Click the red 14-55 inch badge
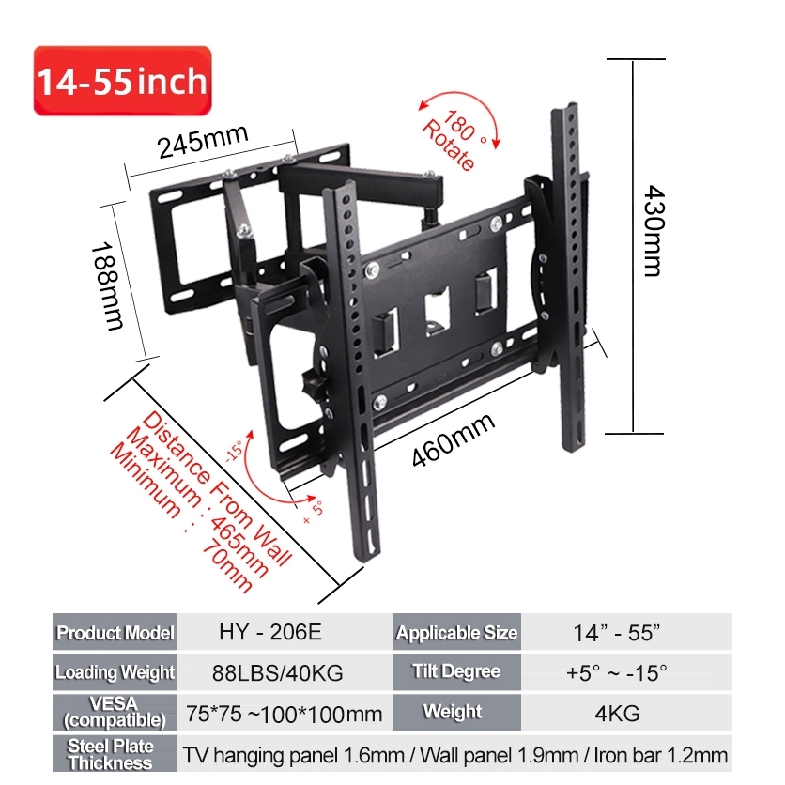123,81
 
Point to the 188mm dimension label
107,286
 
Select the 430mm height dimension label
654,231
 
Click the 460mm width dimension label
454,439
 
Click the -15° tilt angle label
234,451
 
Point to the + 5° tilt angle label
314,512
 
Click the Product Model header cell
115,632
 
